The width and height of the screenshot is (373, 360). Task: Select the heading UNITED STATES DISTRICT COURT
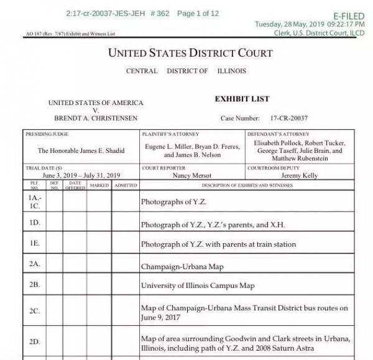[190, 53]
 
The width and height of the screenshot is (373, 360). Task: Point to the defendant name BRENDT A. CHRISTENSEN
[96, 118]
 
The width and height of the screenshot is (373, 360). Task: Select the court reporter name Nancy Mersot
[193, 175]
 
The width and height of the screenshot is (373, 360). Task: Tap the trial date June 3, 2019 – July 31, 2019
[81, 175]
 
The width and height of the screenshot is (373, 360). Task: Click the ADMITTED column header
[126, 185]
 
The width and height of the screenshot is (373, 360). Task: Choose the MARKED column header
[99, 185]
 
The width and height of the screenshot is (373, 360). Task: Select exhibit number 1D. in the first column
[35, 222]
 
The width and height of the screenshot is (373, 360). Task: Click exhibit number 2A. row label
[35, 264]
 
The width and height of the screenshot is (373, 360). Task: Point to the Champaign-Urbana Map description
[182, 266]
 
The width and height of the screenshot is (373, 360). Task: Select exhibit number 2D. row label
[35, 341]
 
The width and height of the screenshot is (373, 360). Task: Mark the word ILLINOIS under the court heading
[231, 71]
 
